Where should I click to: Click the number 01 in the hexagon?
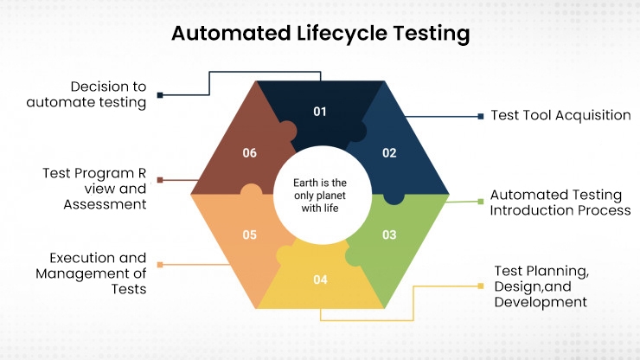[x=320, y=112]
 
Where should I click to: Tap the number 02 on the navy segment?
[x=389, y=153]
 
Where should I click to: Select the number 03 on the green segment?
[x=389, y=235]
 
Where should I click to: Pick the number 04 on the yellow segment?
[x=320, y=280]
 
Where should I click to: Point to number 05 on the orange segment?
[x=250, y=235]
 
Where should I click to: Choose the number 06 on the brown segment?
[x=250, y=153]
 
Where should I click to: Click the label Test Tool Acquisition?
[x=560, y=115]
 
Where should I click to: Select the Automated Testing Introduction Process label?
[x=560, y=202]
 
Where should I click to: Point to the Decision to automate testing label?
[x=109, y=94]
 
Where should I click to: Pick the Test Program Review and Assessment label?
[x=94, y=189]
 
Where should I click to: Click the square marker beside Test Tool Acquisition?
[x=481, y=116]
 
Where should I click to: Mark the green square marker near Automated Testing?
[x=481, y=202]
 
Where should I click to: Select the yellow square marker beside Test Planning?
[x=481, y=286]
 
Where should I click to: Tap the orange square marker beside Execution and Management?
[x=159, y=264]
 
